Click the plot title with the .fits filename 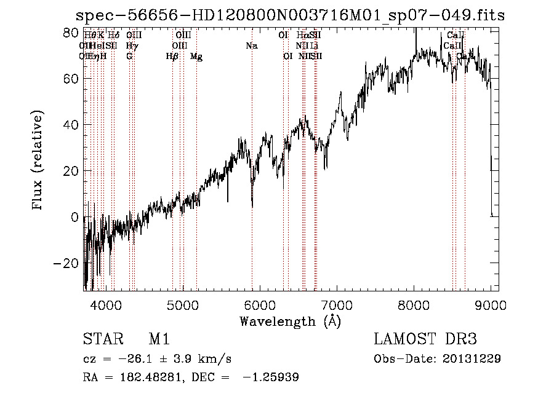[289, 15]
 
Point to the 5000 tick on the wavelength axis [182, 305]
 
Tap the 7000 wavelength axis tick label [337, 305]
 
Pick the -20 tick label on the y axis [68, 263]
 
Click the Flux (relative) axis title [38, 161]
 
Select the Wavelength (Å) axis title [290, 321]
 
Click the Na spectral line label [251, 46]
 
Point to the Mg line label [196, 57]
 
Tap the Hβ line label [172, 57]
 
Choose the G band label [129, 57]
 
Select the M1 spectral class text [159, 339]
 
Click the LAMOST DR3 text [425, 339]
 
